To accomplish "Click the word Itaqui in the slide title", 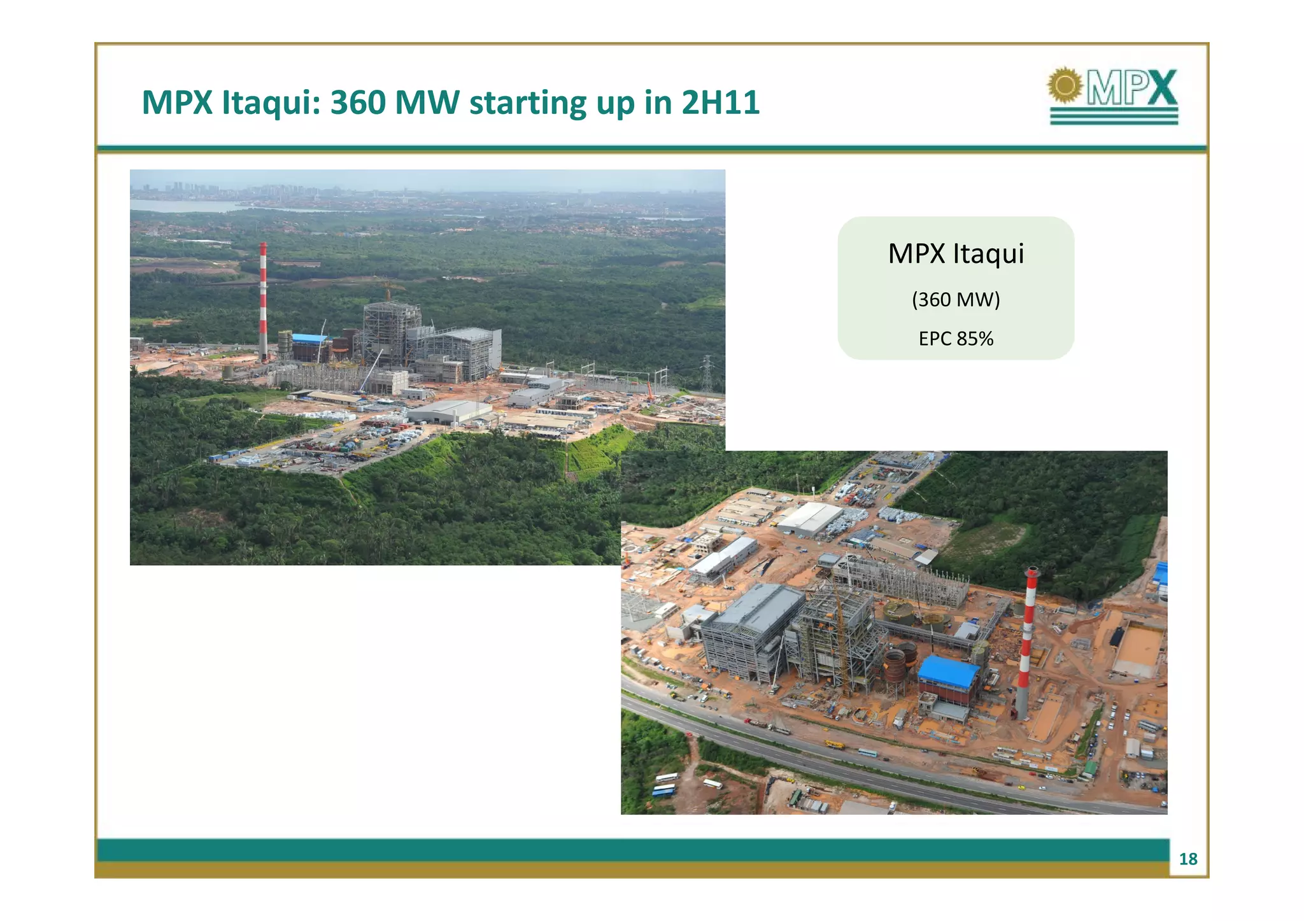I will click(x=270, y=102).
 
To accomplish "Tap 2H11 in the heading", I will click(x=720, y=102).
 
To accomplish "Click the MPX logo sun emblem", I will click(x=1065, y=86).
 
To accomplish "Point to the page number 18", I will click(x=1187, y=859).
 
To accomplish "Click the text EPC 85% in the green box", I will click(x=956, y=339).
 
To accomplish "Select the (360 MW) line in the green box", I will click(x=956, y=299).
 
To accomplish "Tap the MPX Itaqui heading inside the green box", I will click(x=956, y=253).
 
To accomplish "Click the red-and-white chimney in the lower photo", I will click(x=1026, y=643).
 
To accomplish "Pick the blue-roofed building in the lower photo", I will click(x=948, y=673).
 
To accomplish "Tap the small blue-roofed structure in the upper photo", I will click(x=309, y=339).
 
